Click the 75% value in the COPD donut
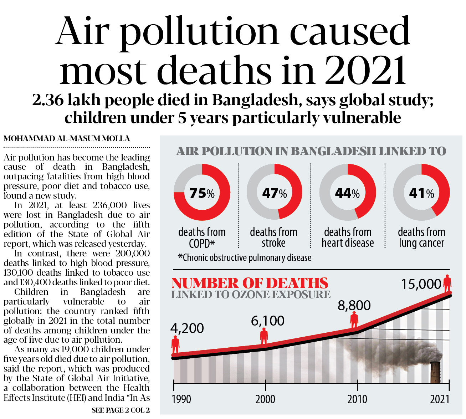coord(202,193)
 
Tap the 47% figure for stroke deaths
coord(274,193)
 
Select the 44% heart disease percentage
coord(347,193)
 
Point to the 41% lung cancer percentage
coord(421,193)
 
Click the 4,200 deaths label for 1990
coord(187,328)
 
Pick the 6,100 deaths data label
coord(268,321)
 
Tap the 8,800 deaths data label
coord(354,306)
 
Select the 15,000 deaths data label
coord(421,284)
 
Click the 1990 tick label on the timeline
coord(181,399)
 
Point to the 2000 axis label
coord(265,399)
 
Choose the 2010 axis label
coord(357,399)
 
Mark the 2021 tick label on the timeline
coord(440,399)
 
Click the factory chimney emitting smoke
coord(435,372)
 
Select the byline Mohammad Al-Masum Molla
coord(67,139)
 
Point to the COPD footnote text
coord(245,258)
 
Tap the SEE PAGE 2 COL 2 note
coord(121,410)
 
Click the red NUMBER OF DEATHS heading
coord(250,283)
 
